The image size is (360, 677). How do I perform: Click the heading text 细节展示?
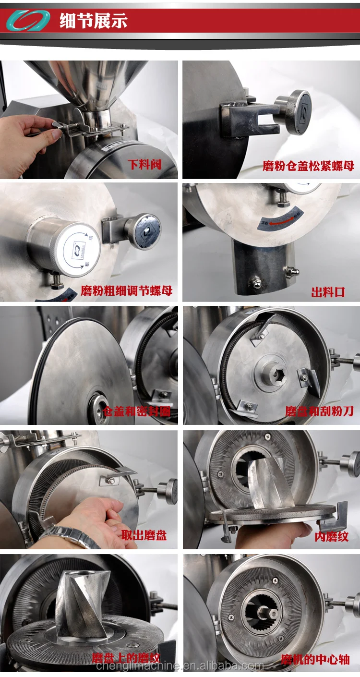click(x=93, y=21)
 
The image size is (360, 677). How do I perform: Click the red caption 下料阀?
click(x=144, y=165)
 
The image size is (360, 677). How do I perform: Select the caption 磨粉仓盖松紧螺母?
click(x=308, y=166)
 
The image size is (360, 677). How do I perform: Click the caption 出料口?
click(x=328, y=292)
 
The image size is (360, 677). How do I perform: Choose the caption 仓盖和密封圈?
click(x=136, y=411)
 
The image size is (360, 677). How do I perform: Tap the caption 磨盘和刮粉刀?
click(x=319, y=411)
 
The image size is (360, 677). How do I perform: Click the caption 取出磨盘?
click(x=144, y=535)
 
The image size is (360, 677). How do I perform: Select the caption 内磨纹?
click(x=332, y=536)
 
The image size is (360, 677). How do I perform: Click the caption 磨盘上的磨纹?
click(x=126, y=658)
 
